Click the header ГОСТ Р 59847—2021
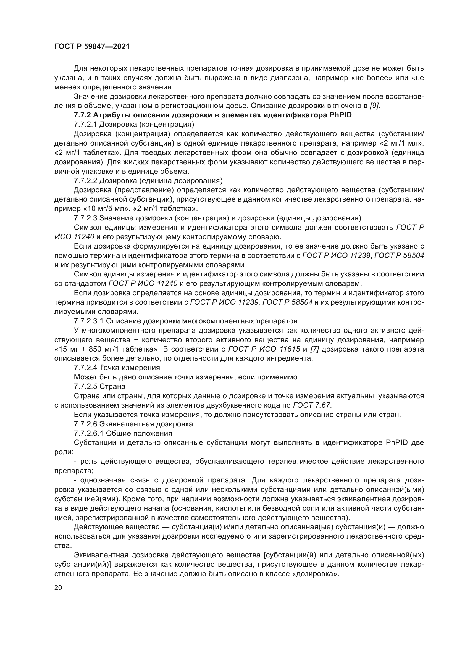pyautogui.click(x=92, y=47)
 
